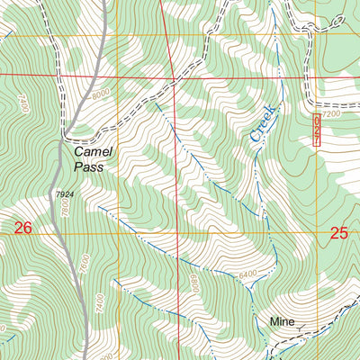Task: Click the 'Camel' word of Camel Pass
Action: pyautogui.click(x=88, y=153)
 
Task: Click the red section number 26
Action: pyautogui.click(x=23, y=230)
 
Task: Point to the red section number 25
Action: pyautogui.click(x=338, y=233)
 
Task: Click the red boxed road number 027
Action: pyautogui.click(x=317, y=127)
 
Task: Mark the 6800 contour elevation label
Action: pyautogui.click(x=193, y=286)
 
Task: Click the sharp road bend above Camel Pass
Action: pyautogui.click(x=64, y=137)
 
